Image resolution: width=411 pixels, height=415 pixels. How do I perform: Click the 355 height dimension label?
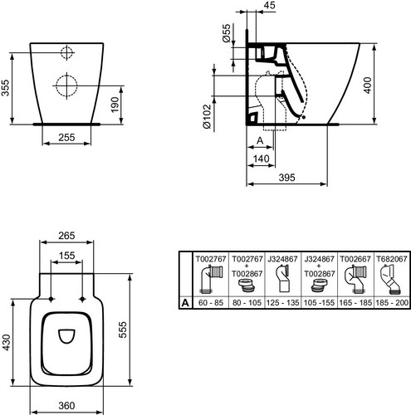click(5, 88)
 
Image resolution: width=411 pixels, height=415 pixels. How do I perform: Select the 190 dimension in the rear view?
click(115, 105)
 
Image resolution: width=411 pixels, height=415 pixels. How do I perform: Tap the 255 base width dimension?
click(66, 137)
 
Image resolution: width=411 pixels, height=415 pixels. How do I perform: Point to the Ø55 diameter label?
click(226, 33)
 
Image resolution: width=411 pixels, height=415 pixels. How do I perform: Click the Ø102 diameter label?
click(207, 116)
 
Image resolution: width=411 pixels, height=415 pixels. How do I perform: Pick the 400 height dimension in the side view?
click(367, 85)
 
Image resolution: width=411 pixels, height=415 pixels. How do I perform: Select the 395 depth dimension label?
click(286, 178)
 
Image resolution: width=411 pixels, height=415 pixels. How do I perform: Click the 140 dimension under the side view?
click(261, 159)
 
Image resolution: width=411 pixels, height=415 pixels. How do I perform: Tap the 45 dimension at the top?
click(269, 5)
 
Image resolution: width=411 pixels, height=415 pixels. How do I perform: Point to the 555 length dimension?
click(122, 330)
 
